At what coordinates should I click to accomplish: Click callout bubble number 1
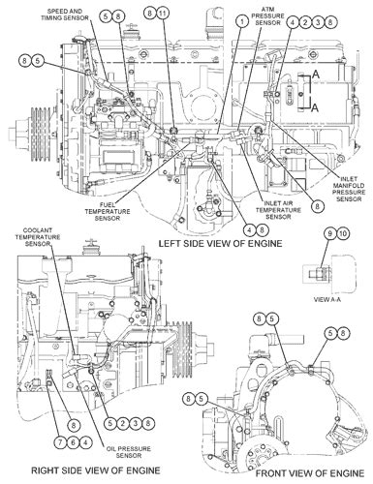coord(239,20)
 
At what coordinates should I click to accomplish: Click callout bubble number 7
coord(59,442)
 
